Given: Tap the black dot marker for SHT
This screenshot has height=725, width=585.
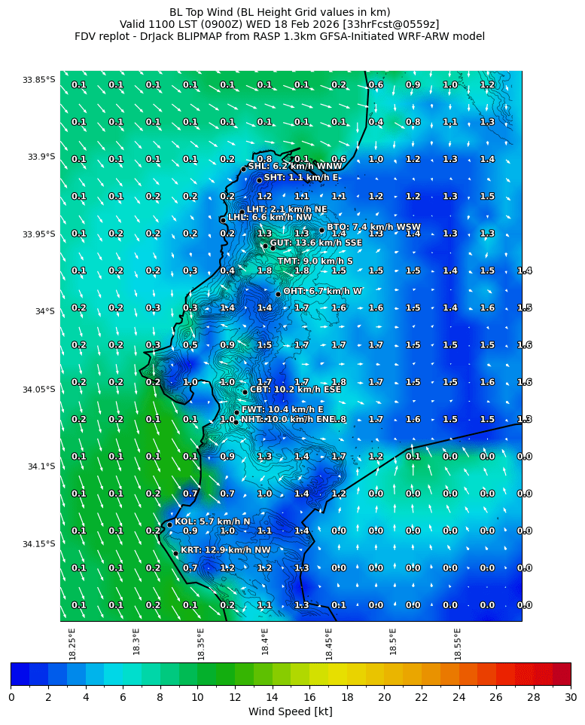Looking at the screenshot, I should pos(259,180).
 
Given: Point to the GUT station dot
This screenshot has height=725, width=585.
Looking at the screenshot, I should pos(265,246).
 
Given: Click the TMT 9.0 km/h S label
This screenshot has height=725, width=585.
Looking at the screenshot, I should pos(315,262).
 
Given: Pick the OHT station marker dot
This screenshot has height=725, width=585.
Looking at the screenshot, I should pos(278,294).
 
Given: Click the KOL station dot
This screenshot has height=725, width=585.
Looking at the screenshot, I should pos(169,525).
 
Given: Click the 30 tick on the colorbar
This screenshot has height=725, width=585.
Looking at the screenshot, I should pos(571,697).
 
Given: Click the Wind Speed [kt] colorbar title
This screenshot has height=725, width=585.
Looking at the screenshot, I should pos(290,711).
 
